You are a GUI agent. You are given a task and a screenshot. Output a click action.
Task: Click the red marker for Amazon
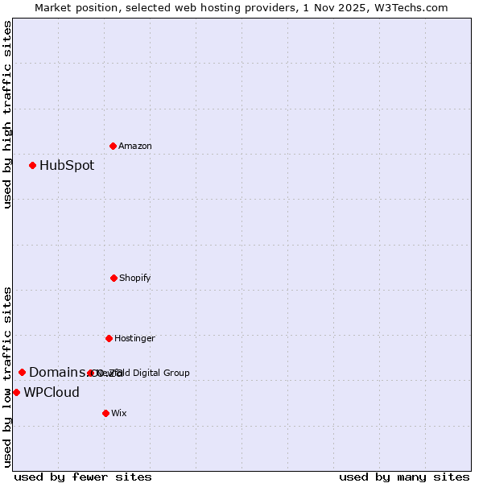click(113, 146)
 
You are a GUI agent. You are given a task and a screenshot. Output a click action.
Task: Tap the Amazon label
click(135, 146)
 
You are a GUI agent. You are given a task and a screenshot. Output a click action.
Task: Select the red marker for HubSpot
click(32, 165)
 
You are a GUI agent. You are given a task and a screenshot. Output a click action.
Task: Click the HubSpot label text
click(67, 166)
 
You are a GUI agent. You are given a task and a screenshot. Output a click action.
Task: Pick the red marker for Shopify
click(114, 278)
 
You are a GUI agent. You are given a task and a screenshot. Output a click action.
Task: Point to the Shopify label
click(135, 278)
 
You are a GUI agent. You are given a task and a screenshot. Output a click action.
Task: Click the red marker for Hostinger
click(109, 338)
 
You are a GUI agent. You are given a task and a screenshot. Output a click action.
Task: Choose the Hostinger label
click(134, 338)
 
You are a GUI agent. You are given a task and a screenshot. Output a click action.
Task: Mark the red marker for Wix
click(105, 413)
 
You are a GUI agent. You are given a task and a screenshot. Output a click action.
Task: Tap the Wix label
click(119, 413)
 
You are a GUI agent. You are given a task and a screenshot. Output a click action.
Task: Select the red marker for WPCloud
click(16, 392)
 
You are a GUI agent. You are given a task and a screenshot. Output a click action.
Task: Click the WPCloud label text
click(52, 393)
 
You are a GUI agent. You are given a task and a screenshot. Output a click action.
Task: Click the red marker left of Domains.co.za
click(22, 372)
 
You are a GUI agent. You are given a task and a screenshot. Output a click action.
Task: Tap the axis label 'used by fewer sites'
click(83, 477)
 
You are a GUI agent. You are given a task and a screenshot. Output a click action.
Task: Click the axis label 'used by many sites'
click(404, 477)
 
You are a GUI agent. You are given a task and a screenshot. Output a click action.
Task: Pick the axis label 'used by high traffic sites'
click(7, 114)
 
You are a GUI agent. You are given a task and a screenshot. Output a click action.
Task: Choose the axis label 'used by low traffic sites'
click(7, 377)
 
